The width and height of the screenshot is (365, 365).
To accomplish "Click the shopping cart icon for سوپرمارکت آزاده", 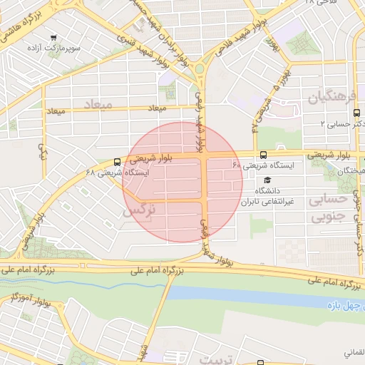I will point(54,36).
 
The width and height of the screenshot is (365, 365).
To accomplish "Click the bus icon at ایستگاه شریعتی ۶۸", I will point(118,162).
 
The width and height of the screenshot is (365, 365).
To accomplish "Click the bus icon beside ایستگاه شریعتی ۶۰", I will point(264,155).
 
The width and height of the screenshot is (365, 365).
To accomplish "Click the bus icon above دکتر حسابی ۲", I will point(356,113).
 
